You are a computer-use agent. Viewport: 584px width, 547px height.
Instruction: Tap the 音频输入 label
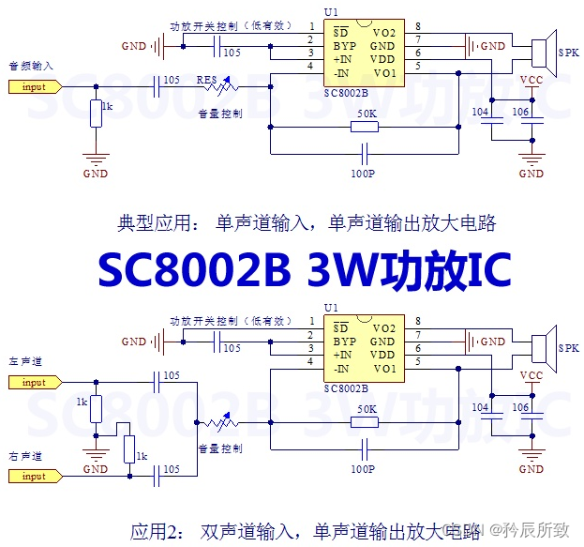31,66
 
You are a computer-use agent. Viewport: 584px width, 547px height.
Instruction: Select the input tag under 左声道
34,382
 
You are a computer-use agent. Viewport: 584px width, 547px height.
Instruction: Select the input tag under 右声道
34,477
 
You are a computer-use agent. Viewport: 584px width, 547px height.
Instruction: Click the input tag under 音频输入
34,86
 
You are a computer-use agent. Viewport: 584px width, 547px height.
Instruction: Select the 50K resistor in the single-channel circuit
367,125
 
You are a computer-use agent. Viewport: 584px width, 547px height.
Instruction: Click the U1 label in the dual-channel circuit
330,308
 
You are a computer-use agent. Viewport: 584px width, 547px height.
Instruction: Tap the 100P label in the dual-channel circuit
363,466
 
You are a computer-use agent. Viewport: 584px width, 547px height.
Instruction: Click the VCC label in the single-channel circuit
532,80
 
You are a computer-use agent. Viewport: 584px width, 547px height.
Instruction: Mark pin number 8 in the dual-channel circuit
417,321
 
